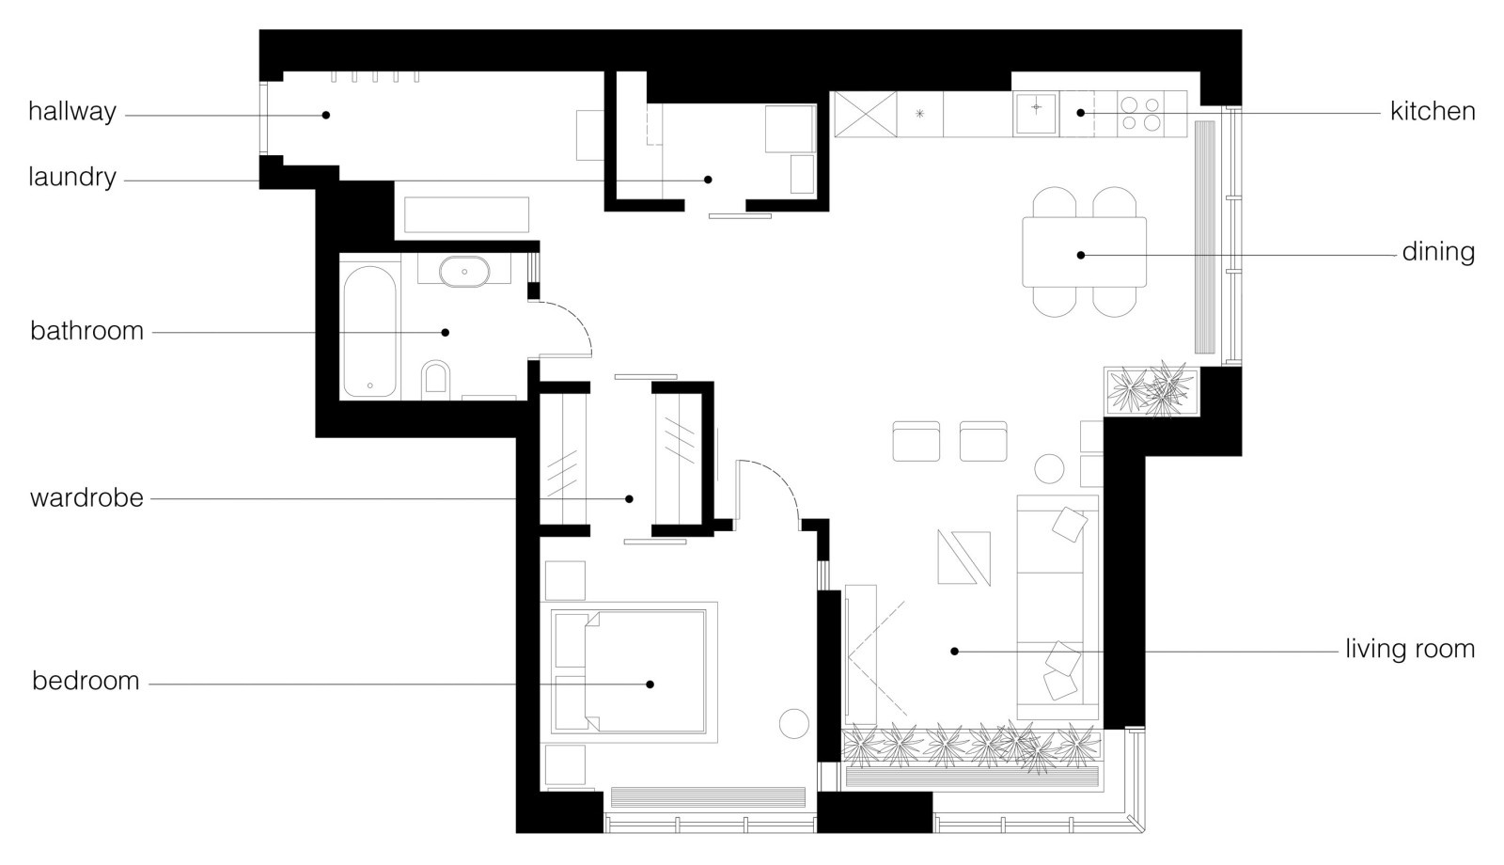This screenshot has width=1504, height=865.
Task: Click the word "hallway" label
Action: [x=72, y=112]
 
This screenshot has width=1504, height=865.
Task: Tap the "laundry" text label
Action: [x=72, y=178]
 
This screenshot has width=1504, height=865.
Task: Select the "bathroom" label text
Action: [x=87, y=331]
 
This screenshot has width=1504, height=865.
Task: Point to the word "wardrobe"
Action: [x=86, y=498]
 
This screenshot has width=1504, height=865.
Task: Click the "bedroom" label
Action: [x=86, y=681]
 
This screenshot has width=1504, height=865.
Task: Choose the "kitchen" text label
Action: [x=1433, y=112]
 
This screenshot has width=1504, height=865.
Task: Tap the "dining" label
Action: [x=1438, y=253]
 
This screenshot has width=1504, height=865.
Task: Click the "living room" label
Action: [x=1410, y=649]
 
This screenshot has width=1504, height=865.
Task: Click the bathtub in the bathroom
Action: [x=370, y=332]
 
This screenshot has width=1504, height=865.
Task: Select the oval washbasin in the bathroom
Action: [x=464, y=272]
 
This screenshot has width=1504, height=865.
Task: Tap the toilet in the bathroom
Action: [x=435, y=380]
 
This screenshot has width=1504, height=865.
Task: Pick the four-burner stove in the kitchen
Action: [x=1141, y=114]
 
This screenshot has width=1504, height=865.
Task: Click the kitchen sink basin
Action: [x=1036, y=114]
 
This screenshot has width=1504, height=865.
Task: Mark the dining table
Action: [x=1085, y=252]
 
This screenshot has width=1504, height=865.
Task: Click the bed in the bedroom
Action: [x=629, y=671]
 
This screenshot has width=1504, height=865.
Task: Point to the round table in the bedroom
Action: [x=794, y=724]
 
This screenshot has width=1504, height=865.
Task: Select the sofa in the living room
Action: [x=1058, y=607]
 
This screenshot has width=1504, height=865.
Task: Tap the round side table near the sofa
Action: [x=1049, y=469]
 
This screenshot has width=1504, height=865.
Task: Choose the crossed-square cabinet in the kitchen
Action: [x=866, y=115]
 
